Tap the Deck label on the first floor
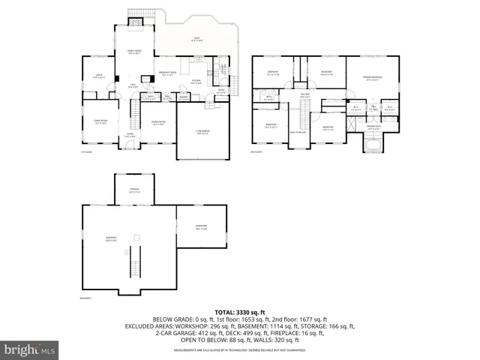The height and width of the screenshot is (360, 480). click(x=196, y=40)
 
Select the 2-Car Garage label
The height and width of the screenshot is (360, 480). click(x=202, y=133)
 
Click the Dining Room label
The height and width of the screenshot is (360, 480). click(x=158, y=124)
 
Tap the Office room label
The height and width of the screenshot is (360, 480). click(x=97, y=76)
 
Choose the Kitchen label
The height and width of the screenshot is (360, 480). click(x=195, y=82)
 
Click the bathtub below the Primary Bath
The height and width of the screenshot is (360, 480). click(x=373, y=142)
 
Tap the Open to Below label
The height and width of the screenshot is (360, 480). click(x=297, y=132)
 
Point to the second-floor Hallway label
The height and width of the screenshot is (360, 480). click(x=305, y=96)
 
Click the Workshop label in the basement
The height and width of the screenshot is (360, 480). click(x=201, y=227)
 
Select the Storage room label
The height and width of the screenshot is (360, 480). click(x=133, y=189)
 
